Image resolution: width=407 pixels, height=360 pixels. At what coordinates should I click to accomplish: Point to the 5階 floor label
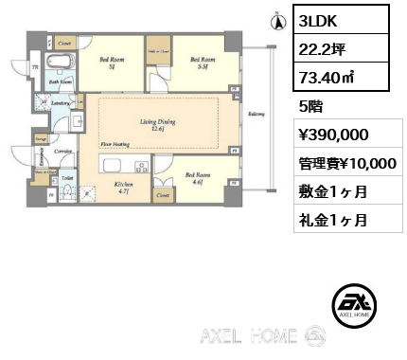pos(310,108)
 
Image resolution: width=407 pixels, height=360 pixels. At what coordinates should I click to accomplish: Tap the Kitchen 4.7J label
pos(125,188)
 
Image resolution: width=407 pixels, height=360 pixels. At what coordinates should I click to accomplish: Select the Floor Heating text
pos(115,145)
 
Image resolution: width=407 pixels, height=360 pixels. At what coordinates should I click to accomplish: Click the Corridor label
pos(64,151)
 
